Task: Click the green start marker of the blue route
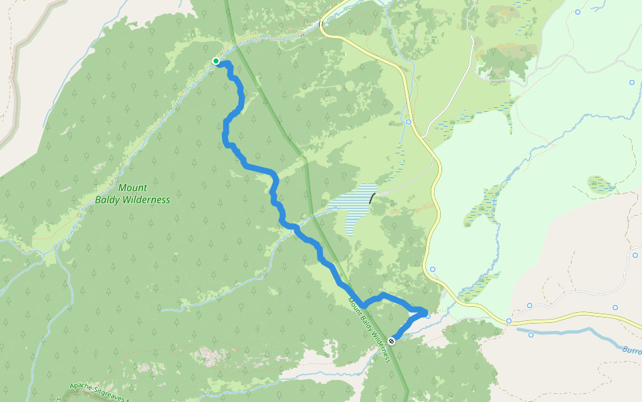pos(216,62)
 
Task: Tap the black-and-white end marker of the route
pos(391,341)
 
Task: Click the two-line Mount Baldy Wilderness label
pos(132,194)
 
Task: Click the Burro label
pos(631,350)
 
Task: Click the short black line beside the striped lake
pos(372,198)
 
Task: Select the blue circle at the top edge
pos(578,12)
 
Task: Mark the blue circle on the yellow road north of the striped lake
pos(408,122)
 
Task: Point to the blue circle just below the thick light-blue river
pos(531,334)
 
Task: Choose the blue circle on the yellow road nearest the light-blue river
pos(509,321)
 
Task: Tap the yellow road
pos(438,201)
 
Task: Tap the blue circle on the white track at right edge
pos(635,255)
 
